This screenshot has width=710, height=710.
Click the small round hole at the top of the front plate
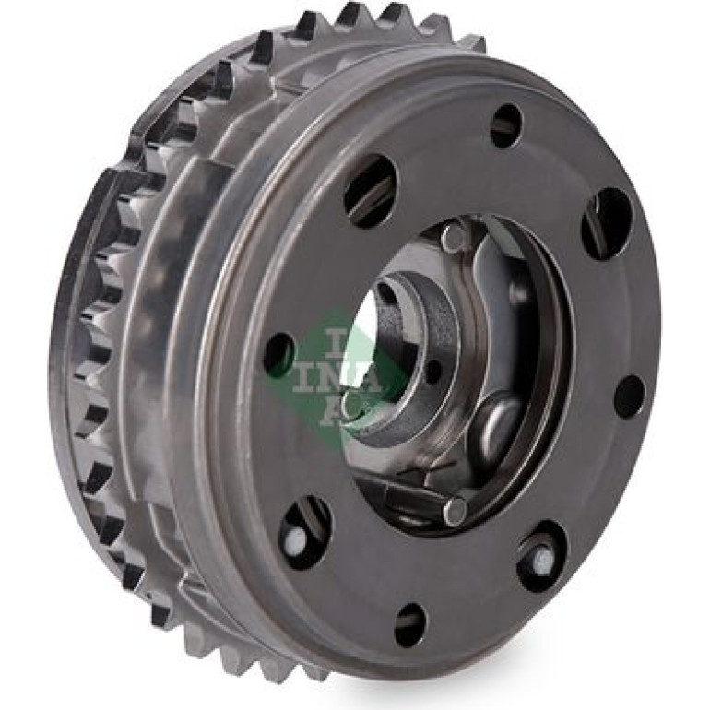tap(506, 125)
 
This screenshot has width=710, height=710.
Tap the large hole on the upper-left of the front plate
tap(371, 191)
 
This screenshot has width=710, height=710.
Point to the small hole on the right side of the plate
tap(630, 396)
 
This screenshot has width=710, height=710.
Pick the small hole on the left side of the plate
tap(278, 356)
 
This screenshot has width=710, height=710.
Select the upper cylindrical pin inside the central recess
tap(454, 239)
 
